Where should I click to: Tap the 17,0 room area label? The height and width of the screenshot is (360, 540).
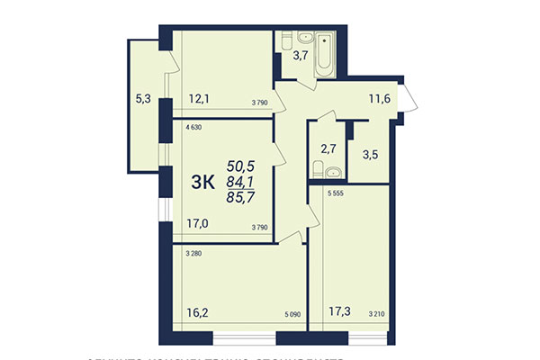[x=198, y=226]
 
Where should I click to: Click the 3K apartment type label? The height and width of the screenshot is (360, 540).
[x=202, y=182]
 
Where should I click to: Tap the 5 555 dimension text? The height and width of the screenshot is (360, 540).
[x=337, y=195]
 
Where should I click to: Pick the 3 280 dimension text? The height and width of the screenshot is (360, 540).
[x=193, y=255]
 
